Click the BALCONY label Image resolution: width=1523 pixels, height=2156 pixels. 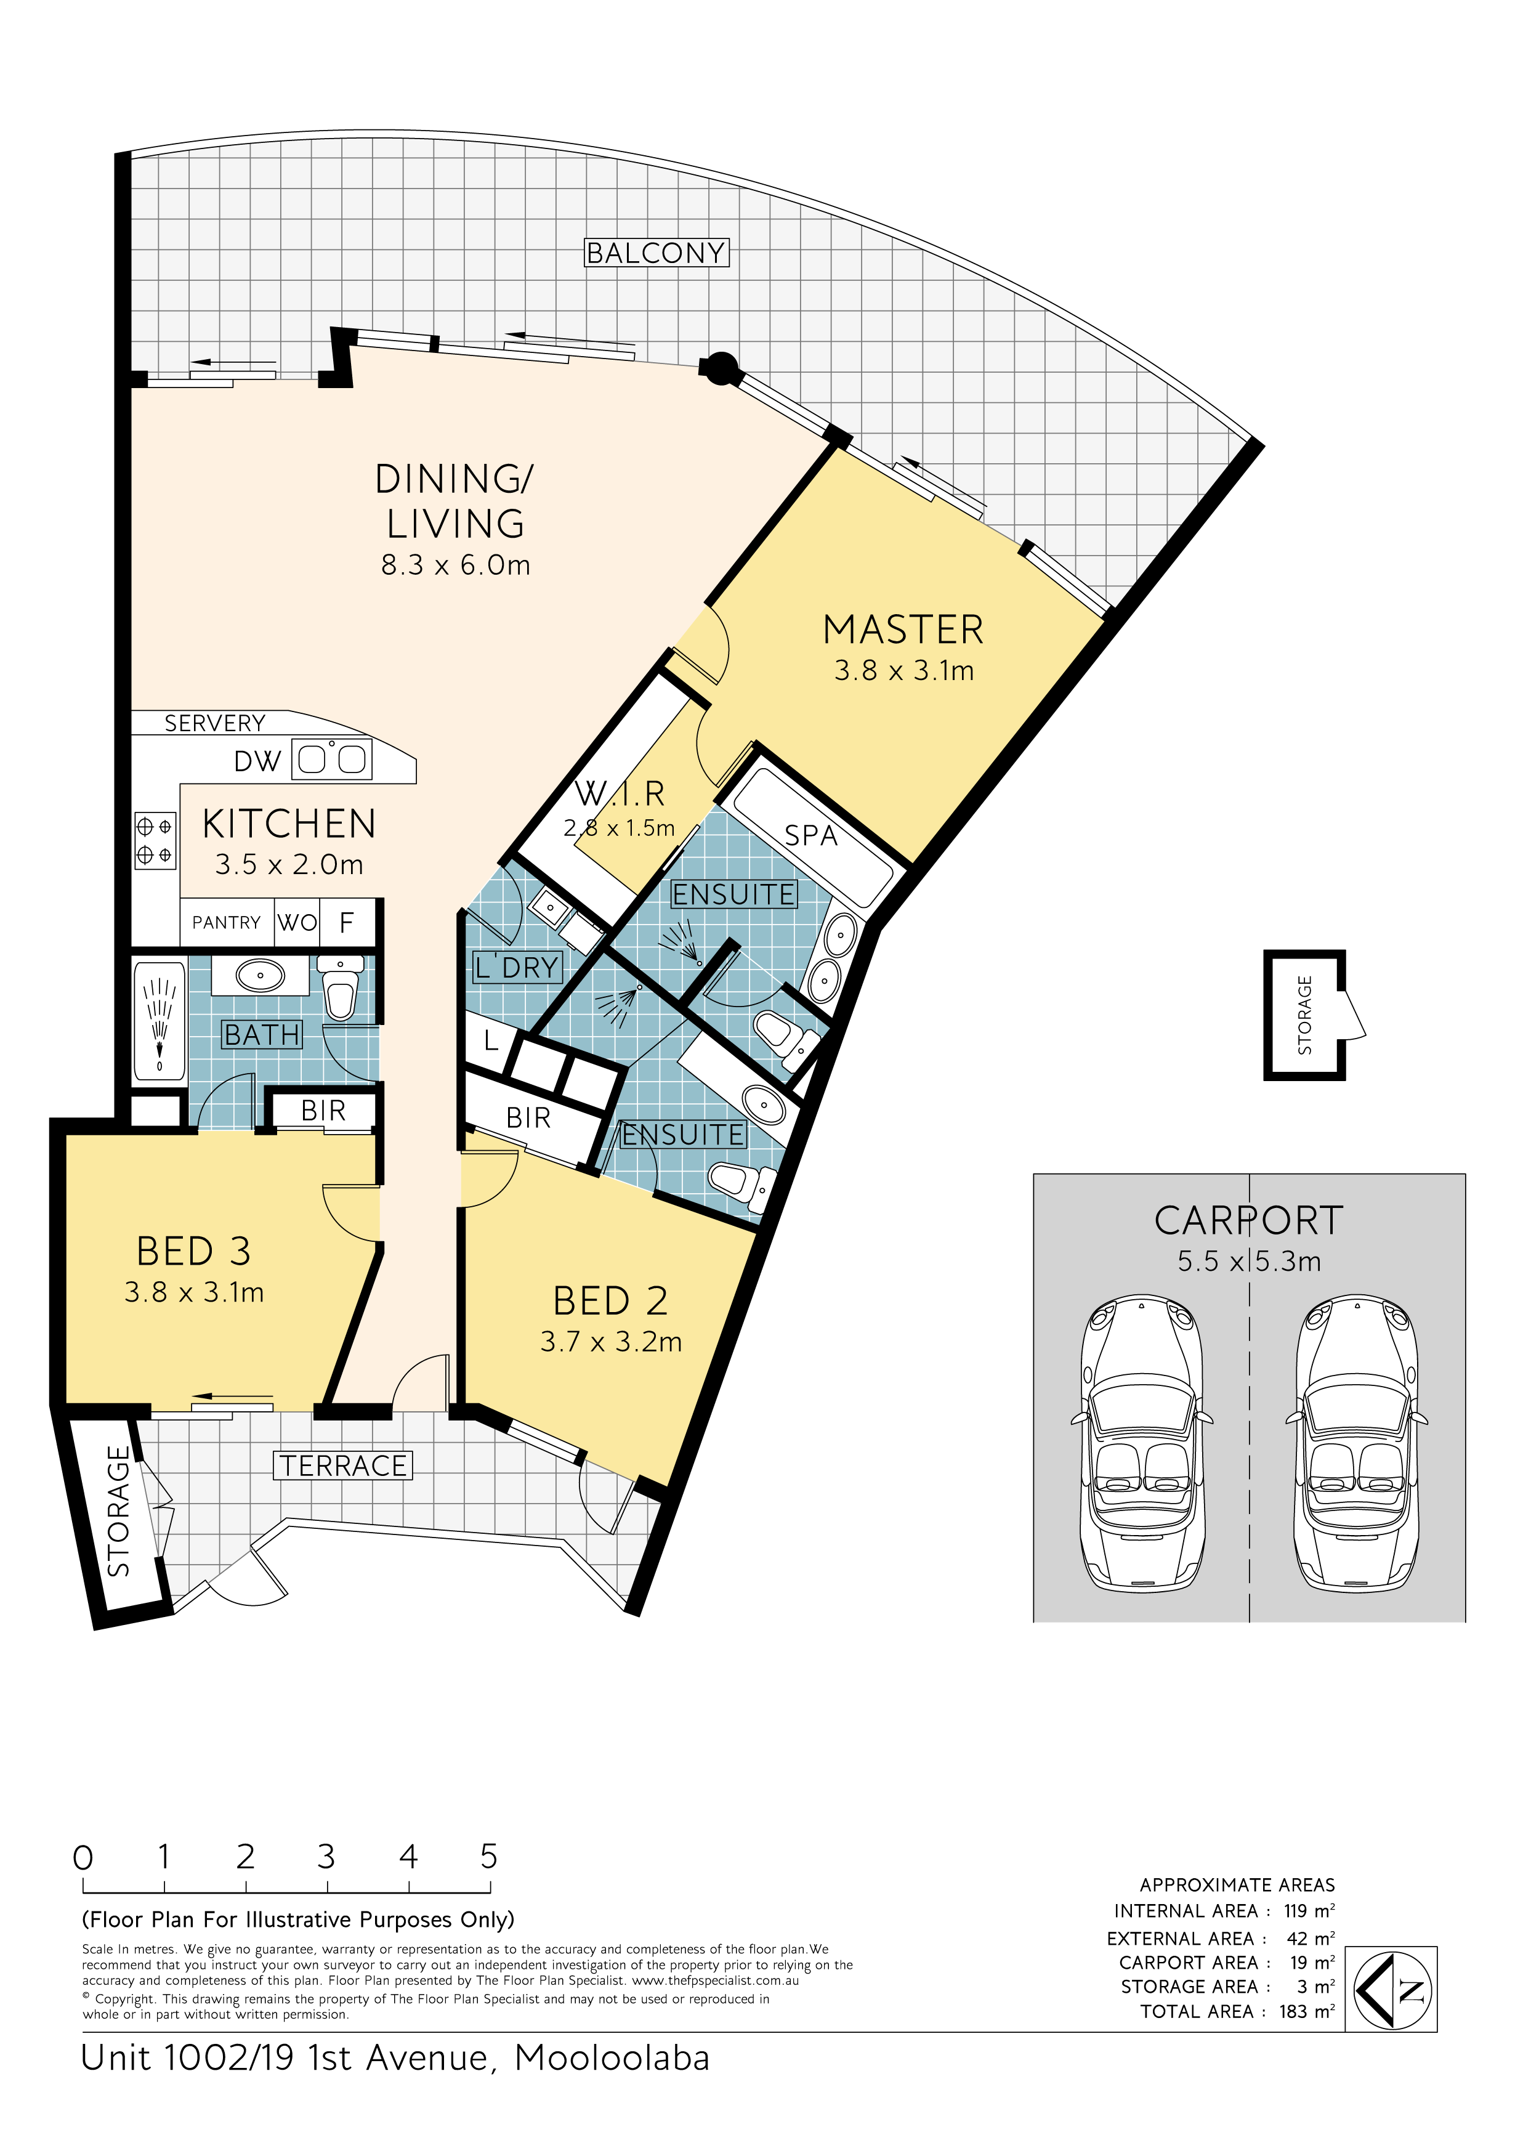pyautogui.click(x=656, y=253)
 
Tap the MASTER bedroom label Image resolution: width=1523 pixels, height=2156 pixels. pyautogui.click(x=903, y=630)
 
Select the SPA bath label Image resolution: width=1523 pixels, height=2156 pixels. pyautogui.click(x=810, y=835)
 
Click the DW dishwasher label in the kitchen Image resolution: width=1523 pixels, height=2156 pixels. pyautogui.click(x=257, y=761)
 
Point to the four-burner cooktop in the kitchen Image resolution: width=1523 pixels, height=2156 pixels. pyautogui.click(x=155, y=840)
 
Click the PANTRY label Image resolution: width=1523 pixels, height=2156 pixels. pyautogui.click(x=226, y=923)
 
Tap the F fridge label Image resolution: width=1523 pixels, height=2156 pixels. pyautogui.click(x=347, y=923)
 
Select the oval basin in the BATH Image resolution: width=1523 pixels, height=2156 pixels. pyautogui.click(x=260, y=976)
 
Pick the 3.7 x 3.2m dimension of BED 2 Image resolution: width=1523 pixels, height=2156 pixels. pyautogui.click(x=612, y=1342)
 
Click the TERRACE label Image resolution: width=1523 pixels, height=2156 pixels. pyautogui.click(x=343, y=1466)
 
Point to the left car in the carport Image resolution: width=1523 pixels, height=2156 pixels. pyautogui.click(x=1142, y=1443)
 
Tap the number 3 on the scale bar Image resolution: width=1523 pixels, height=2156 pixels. pyautogui.click(x=326, y=1857)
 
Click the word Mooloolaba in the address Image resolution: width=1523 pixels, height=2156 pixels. pyautogui.click(x=612, y=2058)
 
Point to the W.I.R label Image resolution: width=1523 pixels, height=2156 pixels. pyautogui.click(x=620, y=793)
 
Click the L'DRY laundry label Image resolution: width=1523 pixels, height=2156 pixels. pyautogui.click(x=517, y=967)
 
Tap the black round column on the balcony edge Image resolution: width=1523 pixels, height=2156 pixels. pyautogui.click(x=720, y=368)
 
